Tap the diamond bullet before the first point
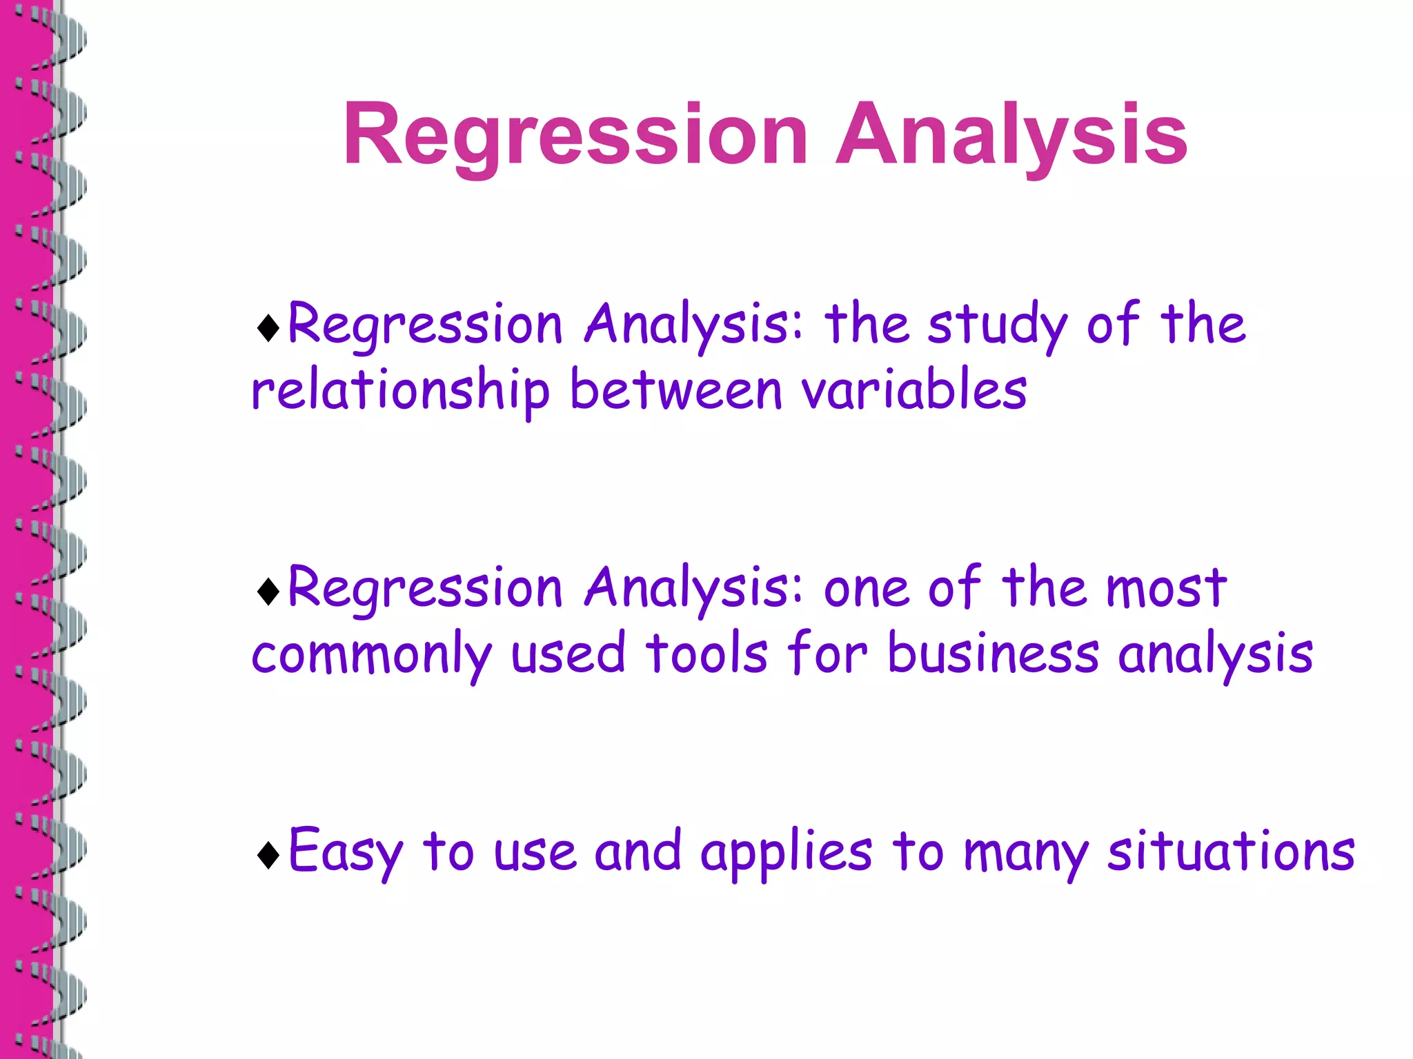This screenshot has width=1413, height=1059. [268, 328]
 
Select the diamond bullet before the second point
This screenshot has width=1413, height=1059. [268, 592]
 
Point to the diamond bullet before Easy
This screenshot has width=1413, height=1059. [268, 855]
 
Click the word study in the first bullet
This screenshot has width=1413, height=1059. [997, 325]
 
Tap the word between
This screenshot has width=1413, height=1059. [676, 390]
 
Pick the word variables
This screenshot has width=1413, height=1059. [914, 390]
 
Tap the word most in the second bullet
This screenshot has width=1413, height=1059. [1166, 589]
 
